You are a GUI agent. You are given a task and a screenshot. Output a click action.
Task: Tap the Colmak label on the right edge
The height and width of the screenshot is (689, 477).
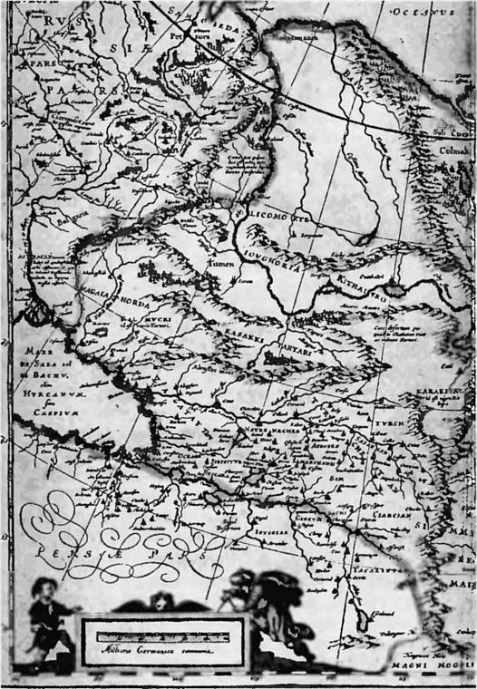(454, 151)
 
